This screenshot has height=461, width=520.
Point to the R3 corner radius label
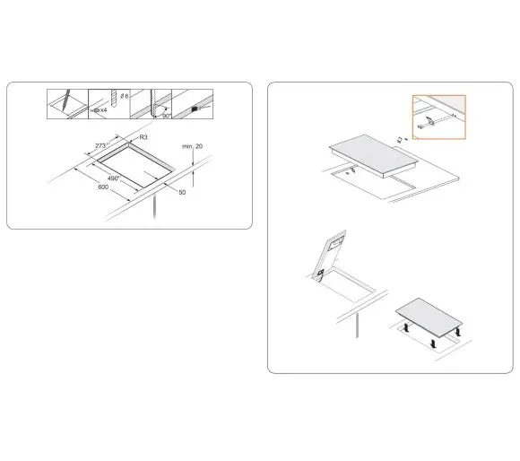(x=143, y=137)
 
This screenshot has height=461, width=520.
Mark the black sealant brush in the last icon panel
(x=195, y=107)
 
